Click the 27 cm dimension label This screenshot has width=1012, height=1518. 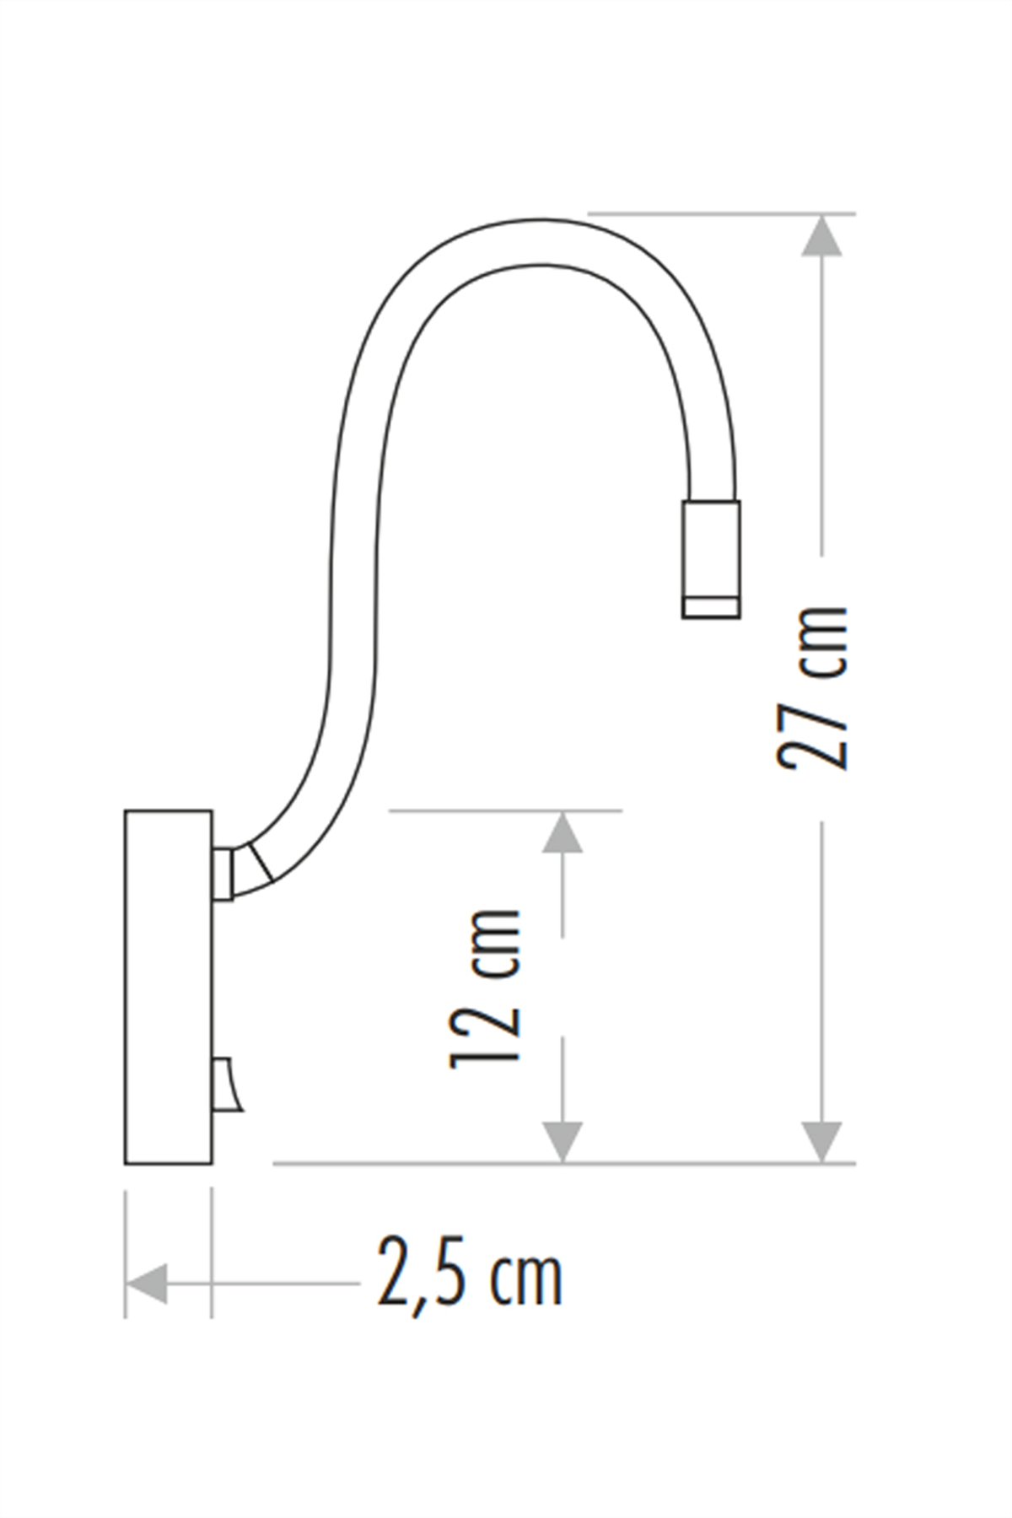point(811,686)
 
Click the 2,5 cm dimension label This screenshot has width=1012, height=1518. point(469,1272)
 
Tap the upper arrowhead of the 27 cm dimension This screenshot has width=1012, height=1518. point(821,236)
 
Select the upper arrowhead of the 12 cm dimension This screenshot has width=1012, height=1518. point(562,833)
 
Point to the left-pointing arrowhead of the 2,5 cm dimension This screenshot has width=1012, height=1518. point(147,1284)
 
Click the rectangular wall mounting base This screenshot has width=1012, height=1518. point(168,987)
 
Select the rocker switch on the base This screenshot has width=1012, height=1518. point(226,1086)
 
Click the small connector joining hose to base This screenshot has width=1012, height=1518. point(223,875)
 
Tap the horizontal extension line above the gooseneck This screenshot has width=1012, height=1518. point(721,213)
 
